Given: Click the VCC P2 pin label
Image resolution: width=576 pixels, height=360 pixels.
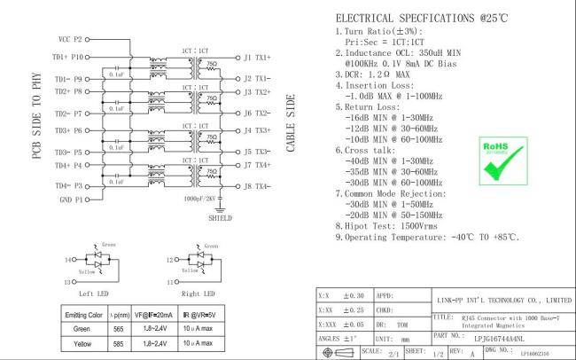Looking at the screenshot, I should coord(70,40).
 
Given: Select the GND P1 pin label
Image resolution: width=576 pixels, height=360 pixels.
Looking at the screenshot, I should coord(69,201).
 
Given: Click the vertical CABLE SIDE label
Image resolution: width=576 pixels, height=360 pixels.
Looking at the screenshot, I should coord(290,124).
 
